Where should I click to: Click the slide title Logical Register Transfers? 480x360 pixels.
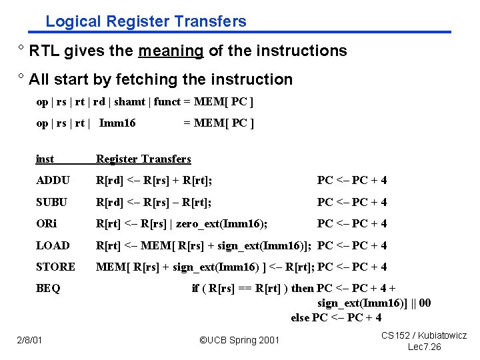point(146,21)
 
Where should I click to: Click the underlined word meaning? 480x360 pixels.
point(171,51)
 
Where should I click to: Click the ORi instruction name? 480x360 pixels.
point(47,223)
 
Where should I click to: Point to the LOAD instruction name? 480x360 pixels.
point(53,245)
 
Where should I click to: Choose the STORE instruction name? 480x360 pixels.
point(55,267)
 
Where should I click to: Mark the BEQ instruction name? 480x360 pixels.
point(48,288)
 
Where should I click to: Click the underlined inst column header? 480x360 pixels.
point(45,159)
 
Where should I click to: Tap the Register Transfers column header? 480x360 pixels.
point(143,159)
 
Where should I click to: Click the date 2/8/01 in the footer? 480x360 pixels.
point(30,341)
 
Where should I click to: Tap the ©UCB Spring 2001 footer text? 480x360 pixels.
point(240,341)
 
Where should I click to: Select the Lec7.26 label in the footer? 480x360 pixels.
point(424,347)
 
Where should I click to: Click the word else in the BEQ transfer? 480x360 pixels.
point(300,317)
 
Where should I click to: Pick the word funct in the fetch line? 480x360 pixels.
point(167,101)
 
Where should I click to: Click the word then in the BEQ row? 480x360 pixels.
point(303,288)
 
